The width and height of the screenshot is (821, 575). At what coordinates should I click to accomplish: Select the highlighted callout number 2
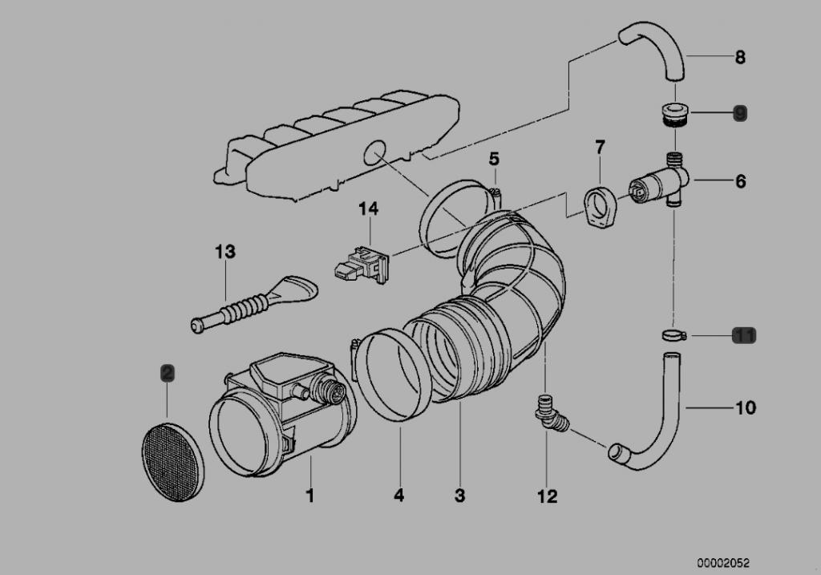point(168,372)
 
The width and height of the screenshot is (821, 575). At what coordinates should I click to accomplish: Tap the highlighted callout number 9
point(739,113)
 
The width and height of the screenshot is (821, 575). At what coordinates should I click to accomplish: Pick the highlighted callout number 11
point(744,335)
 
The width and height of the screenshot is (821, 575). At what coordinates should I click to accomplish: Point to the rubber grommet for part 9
point(671,114)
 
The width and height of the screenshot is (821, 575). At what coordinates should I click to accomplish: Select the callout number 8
point(739,57)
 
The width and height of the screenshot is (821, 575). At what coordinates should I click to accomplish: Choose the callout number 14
point(368,209)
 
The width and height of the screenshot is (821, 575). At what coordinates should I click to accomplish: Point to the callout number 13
point(225,252)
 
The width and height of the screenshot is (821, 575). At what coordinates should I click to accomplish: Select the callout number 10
point(745,408)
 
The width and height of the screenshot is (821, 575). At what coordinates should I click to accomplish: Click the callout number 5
point(494,159)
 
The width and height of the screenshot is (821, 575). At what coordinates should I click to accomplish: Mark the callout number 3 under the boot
point(459,496)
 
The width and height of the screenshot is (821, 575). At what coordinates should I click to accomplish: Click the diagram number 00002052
point(723,564)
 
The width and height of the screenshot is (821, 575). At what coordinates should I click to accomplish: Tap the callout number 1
point(309,496)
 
